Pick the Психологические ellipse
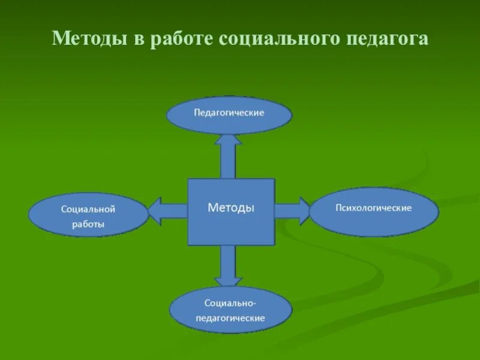click(373, 211)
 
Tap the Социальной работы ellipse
click(88, 215)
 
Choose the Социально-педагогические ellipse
click(230, 311)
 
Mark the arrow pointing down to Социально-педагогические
click(228, 265)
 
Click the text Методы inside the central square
click(231, 208)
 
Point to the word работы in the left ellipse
click(88, 224)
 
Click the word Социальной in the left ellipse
click(88, 209)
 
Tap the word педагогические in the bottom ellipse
click(230, 318)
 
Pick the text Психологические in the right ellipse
click(373, 208)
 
